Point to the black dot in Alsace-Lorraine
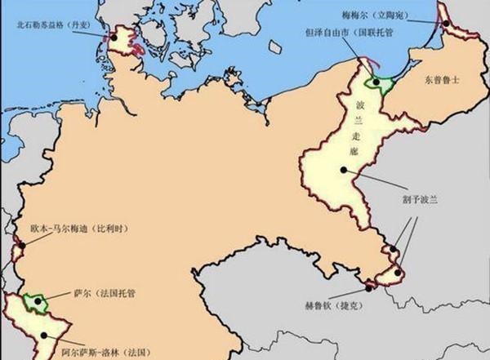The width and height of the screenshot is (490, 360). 36,333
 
